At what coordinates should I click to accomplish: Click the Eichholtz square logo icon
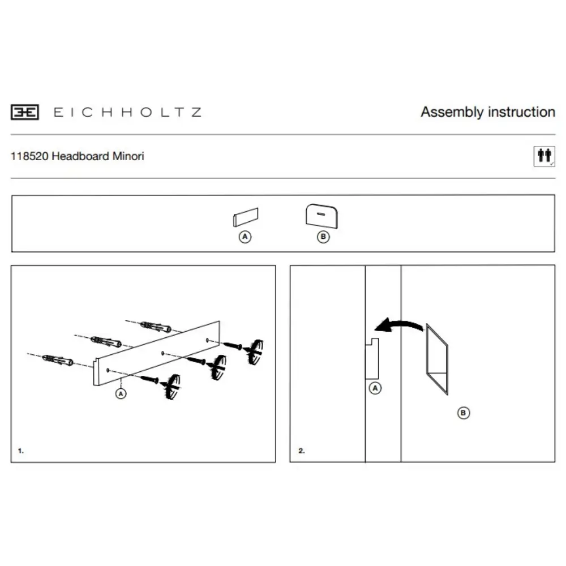(x=24, y=112)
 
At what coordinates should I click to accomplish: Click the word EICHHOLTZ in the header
(x=127, y=112)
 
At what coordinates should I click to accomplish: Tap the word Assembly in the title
(x=452, y=112)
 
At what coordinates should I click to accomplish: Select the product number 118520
(x=29, y=156)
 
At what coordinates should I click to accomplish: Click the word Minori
(x=128, y=156)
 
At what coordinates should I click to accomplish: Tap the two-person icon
(x=544, y=156)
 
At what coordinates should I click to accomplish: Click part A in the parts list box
(x=246, y=217)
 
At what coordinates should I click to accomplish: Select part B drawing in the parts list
(x=321, y=216)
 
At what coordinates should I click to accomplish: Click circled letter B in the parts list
(x=323, y=237)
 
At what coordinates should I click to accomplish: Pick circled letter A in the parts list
(x=245, y=237)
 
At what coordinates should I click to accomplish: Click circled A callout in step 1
(x=121, y=393)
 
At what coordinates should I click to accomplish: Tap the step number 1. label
(x=21, y=451)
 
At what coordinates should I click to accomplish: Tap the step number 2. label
(x=302, y=451)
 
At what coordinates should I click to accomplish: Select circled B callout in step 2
(x=464, y=413)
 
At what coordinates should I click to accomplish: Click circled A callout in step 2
(x=375, y=388)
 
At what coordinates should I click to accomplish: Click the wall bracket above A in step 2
(x=372, y=358)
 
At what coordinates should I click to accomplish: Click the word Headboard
(x=80, y=156)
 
